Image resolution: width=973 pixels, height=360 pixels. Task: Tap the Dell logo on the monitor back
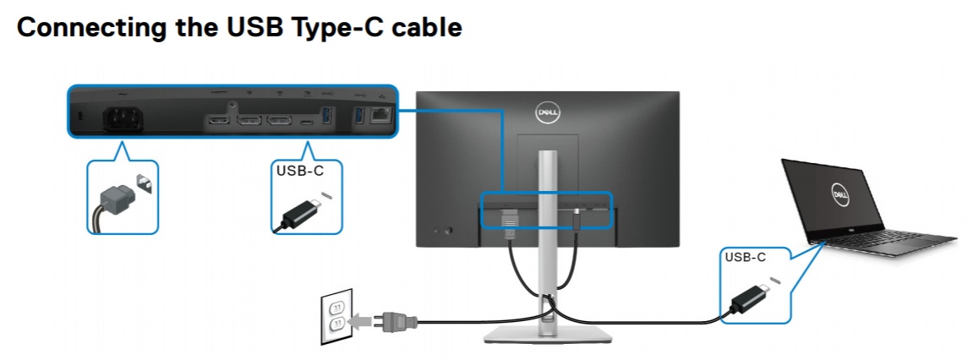pos(547,111)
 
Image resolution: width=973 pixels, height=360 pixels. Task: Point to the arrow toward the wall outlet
pos(360,320)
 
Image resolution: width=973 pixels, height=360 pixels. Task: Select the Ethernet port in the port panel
pos(381,117)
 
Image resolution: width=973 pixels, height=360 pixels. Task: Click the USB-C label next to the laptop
pos(746,257)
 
